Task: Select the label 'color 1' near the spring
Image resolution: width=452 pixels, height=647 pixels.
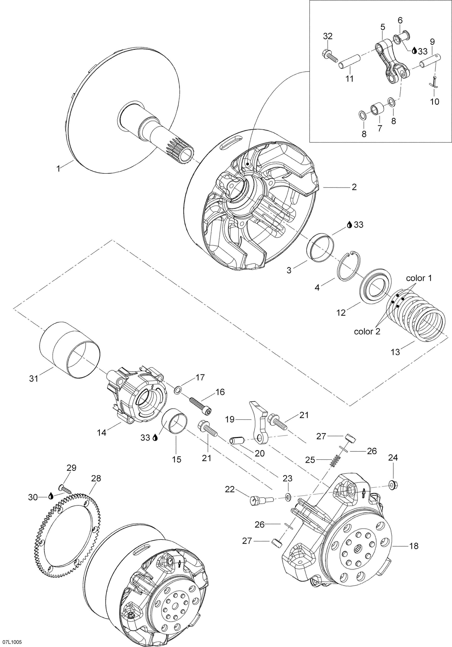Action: click(x=419, y=278)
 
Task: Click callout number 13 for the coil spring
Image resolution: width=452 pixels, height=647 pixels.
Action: click(x=395, y=352)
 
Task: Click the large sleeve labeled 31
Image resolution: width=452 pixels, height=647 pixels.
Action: click(x=70, y=349)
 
